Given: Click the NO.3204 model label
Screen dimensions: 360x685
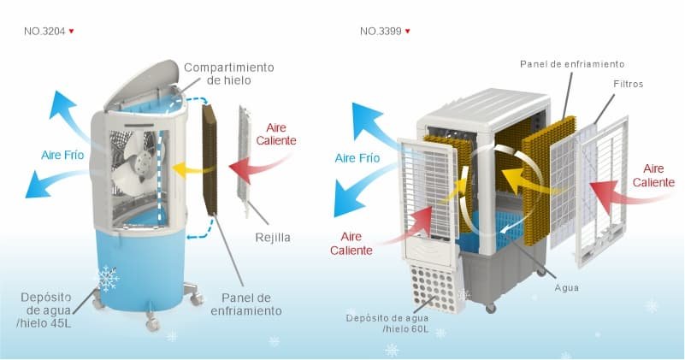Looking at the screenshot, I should pyautogui.click(x=44, y=31).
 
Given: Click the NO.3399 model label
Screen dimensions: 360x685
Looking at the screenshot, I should pyautogui.click(x=380, y=31).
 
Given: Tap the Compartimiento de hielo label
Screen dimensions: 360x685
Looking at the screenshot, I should pyautogui.click(x=228, y=74).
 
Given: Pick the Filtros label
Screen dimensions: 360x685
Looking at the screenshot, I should pyautogui.click(x=628, y=85).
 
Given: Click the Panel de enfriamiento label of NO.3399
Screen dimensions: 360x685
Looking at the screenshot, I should pyautogui.click(x=572, y=64).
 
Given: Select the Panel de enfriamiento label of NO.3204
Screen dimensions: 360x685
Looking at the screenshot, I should pyautogui.click(x=246, y=304).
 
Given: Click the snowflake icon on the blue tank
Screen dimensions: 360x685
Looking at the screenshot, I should pyautogui.click(x=107, y=278).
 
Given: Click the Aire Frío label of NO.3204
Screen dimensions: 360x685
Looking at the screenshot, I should pyautogui.click(x=62, y=155).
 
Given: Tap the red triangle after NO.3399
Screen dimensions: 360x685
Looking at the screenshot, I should pyautogui.click(x=408, y=32).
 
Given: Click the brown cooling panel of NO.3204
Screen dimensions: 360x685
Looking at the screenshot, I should pyautogui.click(x=210, y=160).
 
